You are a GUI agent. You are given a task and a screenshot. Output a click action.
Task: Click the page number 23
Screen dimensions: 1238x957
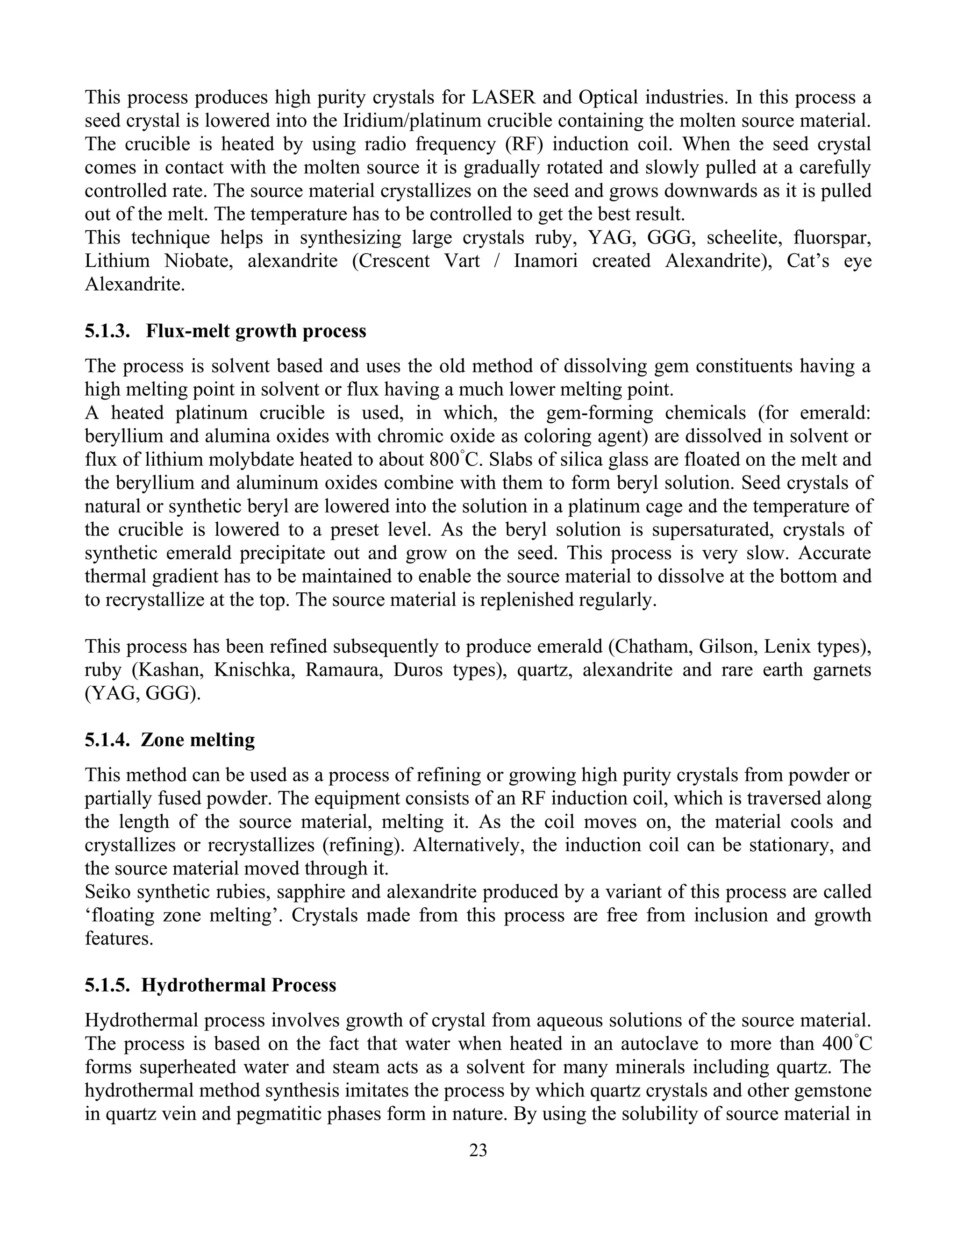(x=478, y=1150)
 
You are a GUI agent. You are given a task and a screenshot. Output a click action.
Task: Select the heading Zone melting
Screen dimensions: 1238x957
(x=198, y=740)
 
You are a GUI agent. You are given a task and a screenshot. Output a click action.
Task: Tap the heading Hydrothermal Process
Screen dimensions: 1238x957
(x=239, y=985)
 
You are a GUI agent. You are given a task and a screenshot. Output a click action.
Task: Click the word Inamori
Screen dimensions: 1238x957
(x=545, y=261)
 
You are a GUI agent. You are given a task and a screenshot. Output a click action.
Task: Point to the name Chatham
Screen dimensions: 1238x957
(x=650, y=646)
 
